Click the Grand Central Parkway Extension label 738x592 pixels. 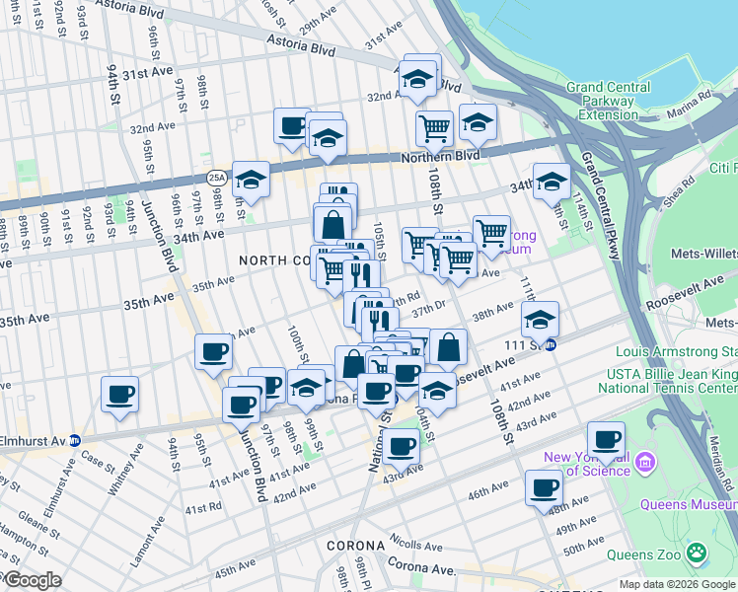point(608,101)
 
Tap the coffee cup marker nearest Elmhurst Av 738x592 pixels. point(120,395)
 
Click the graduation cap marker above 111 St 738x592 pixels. point(540,319)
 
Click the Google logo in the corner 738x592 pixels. point(32,580)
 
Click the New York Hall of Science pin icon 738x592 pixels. point(646,461)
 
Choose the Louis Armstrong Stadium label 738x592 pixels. point(676,352)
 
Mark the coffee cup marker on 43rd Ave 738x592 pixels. point(401,446)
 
